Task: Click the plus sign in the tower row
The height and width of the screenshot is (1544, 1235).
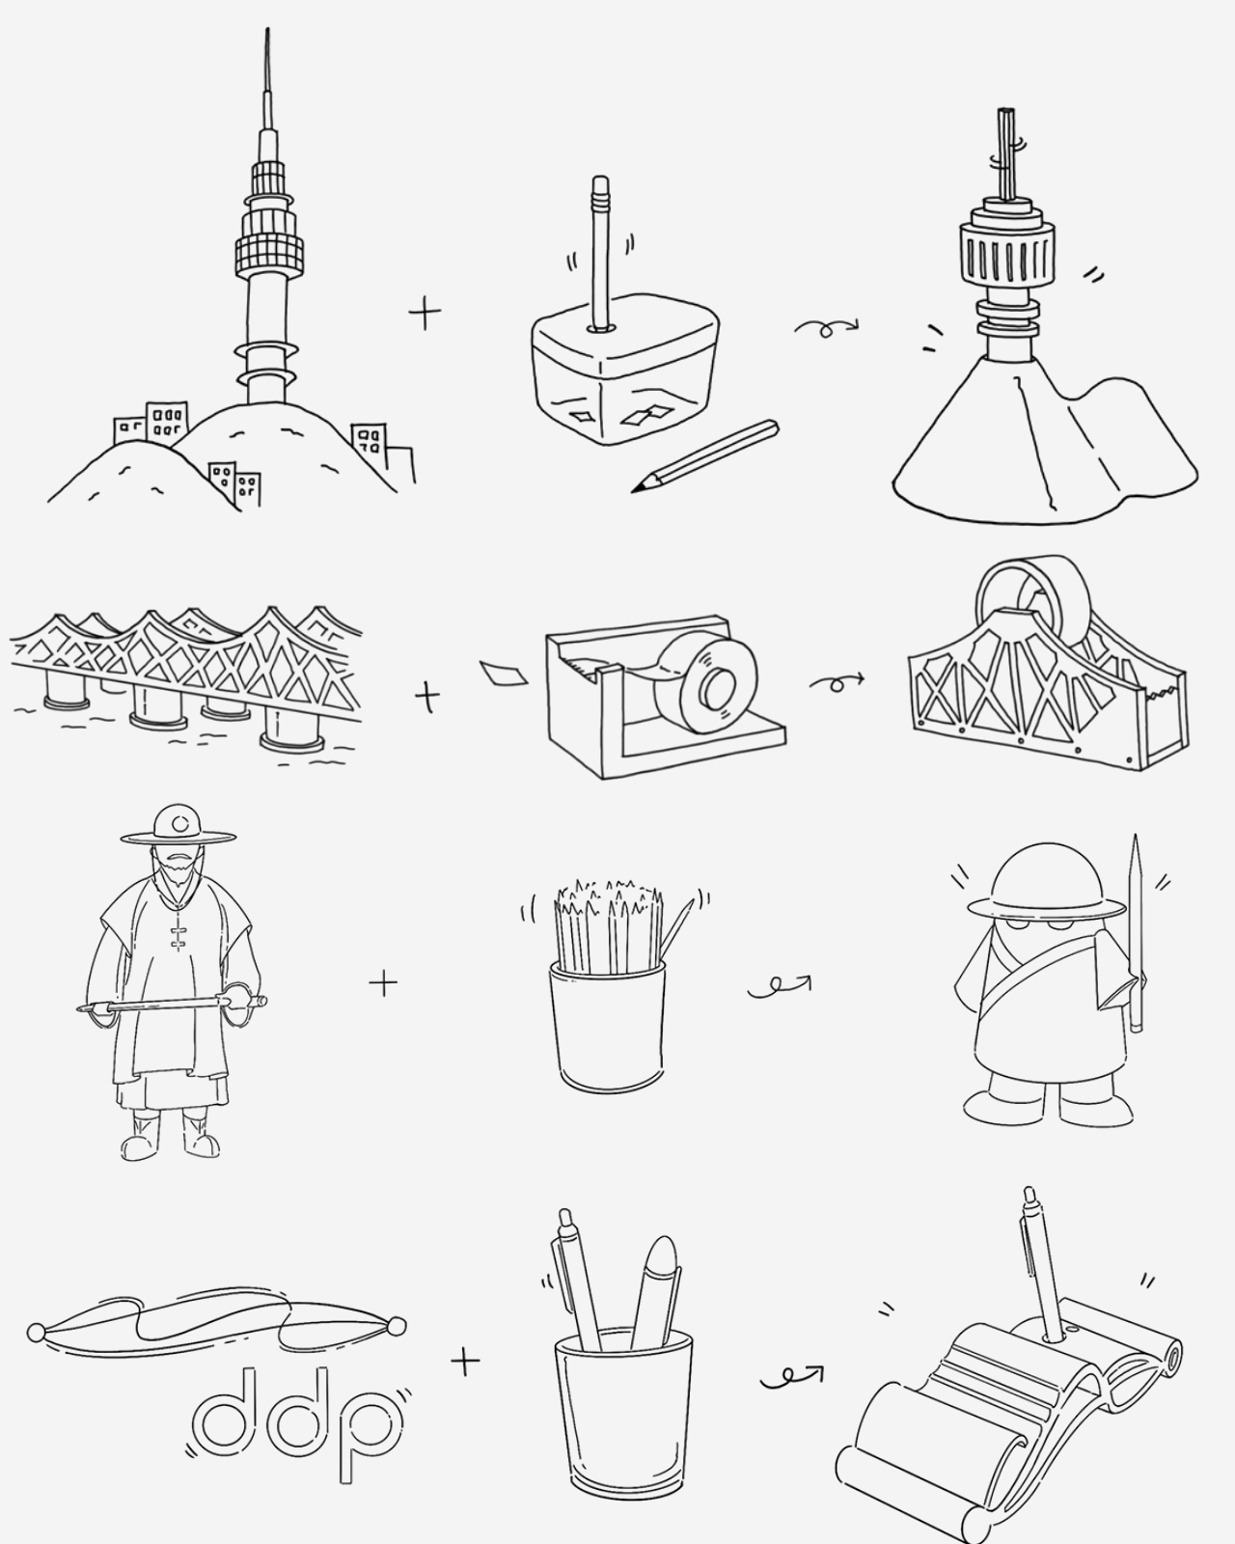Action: (x=425, y=313)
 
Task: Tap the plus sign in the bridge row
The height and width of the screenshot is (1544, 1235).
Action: (x=427, y=696)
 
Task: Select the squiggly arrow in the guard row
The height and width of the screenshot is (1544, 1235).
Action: (x=780, y=986)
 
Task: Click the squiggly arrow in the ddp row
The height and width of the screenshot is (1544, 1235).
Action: (x=791, y=1377)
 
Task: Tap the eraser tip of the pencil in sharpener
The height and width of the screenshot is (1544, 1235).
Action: (x=600, y=185)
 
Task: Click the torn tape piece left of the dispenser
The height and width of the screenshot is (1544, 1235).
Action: (x=504, y=673)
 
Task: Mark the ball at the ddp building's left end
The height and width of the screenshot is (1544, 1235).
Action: (x=37, y=1333)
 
